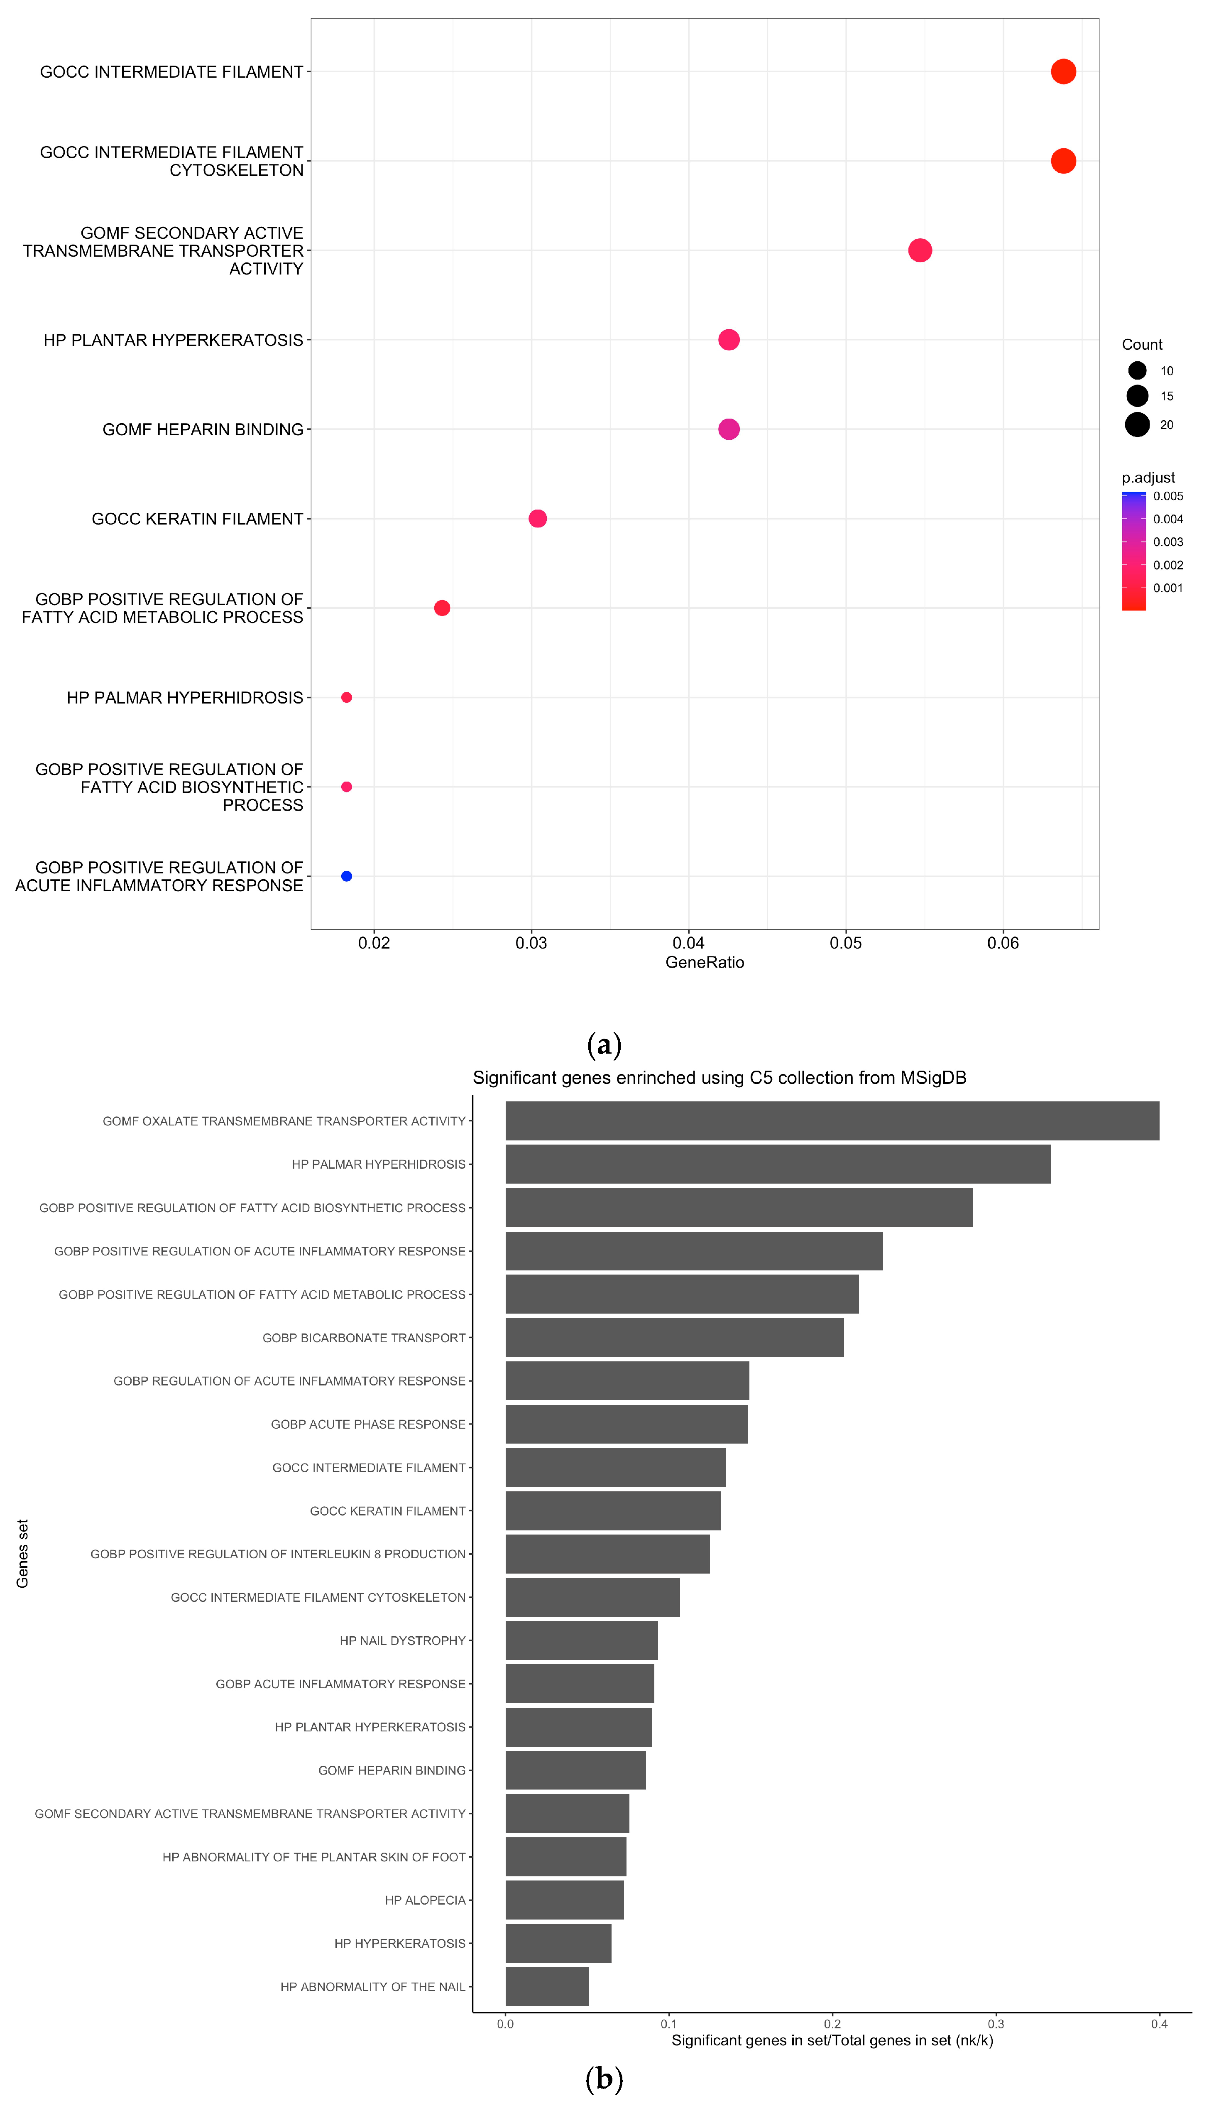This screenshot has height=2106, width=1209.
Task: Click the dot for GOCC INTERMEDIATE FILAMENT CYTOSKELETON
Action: [1063, 161]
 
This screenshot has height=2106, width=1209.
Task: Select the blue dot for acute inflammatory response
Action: [346, 876]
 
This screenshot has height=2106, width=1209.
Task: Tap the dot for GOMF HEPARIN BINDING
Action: [728, 429]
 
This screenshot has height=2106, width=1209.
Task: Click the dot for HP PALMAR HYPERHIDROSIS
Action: [346, 698]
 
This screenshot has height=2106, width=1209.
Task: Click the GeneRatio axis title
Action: [704, 963]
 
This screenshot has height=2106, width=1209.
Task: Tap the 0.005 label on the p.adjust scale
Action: [1167, 497]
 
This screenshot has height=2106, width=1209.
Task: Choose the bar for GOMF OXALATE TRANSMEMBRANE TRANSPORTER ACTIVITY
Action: [832, 1121]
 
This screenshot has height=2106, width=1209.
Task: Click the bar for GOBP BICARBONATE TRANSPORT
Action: [674, 1338]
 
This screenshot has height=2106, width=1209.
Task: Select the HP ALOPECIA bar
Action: [565, 1900]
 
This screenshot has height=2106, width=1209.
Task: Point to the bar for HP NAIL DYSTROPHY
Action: [581, 1641]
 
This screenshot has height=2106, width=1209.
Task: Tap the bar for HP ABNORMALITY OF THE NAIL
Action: [547, 1986]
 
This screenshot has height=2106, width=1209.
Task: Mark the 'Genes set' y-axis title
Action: [22, 1554]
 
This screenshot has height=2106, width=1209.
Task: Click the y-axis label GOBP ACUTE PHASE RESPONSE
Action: [368, 1424]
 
